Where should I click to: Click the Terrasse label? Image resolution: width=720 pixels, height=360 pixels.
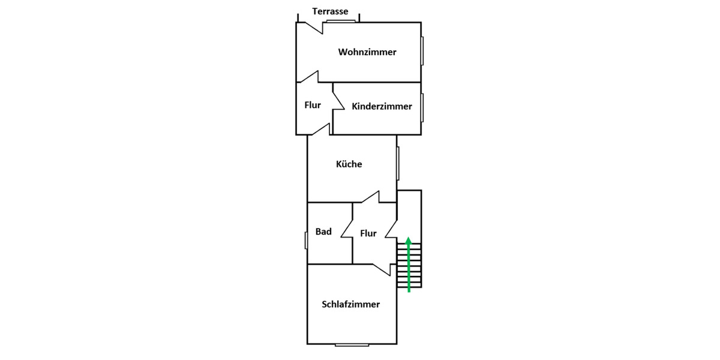coord(330,11)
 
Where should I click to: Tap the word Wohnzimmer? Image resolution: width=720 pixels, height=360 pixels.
coord(367,52)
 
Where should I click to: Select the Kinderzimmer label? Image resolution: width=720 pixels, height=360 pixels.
coord(382,106)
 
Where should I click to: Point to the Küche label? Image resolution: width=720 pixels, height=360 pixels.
coord(349,164)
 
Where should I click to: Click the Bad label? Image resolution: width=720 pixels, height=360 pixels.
coord(323,232)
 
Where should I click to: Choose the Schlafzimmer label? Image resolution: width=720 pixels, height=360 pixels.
coord(350,304)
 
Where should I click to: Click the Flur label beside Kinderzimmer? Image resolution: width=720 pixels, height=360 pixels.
coord(313,105)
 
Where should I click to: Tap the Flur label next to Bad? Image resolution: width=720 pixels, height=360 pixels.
coord(368,233)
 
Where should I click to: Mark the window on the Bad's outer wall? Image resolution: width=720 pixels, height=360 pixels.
coord(306,240)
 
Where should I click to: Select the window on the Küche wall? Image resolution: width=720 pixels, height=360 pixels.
coord(398,163)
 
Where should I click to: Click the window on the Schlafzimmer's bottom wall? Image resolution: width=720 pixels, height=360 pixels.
coord(352,344)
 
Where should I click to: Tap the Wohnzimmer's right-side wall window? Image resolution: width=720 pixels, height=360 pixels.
coord(422,51)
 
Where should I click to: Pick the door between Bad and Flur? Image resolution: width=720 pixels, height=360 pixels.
coord(347,228)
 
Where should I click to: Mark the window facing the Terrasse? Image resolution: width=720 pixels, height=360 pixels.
coord(341,21)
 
